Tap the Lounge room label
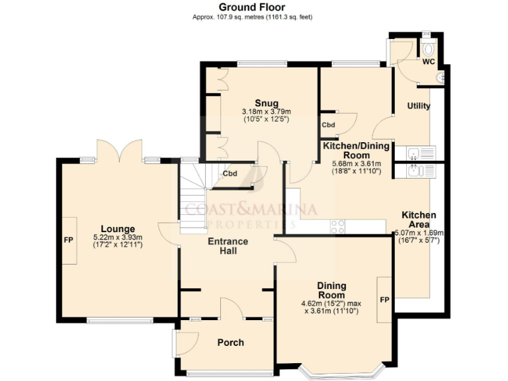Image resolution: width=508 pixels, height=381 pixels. pyautogui.click(x=118, y=229)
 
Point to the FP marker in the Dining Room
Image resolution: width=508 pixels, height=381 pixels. pyautogui.click(x=384, y=299)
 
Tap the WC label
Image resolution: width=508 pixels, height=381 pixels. pyautogui.click(x=429, y=62)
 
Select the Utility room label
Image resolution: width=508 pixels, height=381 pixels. pyautogui.click(x=419, y=106)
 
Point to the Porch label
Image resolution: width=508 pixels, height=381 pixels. pyautogui.click(x=230, y=342)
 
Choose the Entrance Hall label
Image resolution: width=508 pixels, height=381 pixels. pyautogui.click(x=228, y=246)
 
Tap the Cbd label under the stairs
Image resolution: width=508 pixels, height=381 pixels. pyautogui.click(x=230, y=174)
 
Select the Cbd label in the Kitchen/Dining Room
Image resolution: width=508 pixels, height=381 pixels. pyautogui.click(x=329, y=124)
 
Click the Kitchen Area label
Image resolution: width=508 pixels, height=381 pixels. pyautogui.click(x=419, y=220)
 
